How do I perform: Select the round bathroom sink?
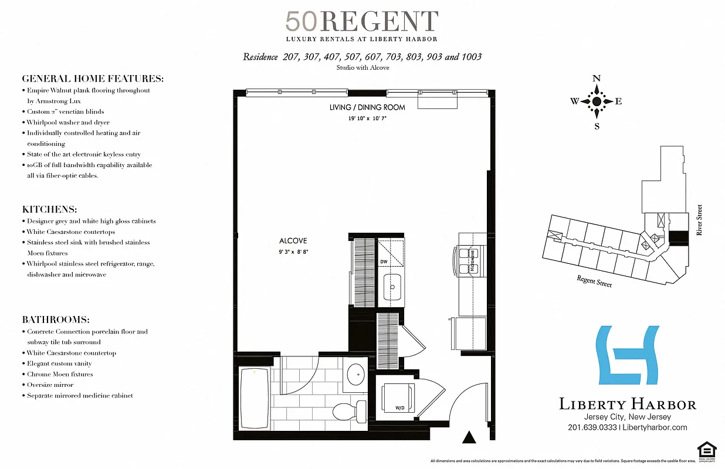(x=355, y=373)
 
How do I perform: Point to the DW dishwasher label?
(x=383, y=262)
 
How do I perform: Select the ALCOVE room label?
(x=293, y=241)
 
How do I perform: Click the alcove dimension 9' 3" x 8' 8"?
(x=293, y=252)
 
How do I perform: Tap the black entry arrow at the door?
(x=469, y=437)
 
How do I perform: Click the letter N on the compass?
(x=597, y=79)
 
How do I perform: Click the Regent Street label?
(x=594, y=281)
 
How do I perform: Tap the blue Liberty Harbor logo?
(x=627, y=356)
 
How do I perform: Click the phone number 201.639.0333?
(x=592, y=427)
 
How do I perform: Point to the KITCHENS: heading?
(x=50, y=209)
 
